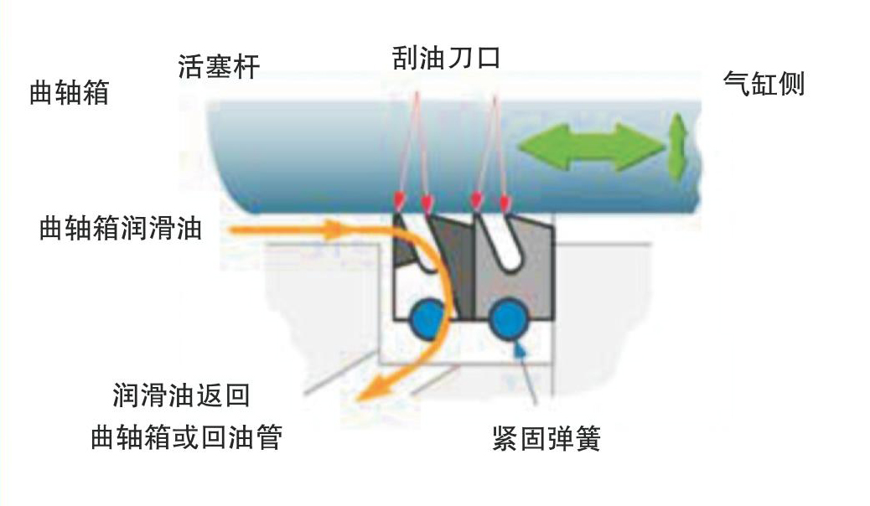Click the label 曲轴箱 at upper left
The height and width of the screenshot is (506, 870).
(x=69, y=92)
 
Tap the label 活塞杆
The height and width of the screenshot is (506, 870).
(x=219, y=66)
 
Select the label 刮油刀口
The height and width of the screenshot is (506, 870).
(x=446, y=58)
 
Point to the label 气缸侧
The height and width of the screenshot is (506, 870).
(x=764, y=85)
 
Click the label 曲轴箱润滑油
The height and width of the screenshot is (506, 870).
(x=121, y=228)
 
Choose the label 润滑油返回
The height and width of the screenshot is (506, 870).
(x=181, y=395)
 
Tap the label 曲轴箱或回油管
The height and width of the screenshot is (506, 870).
(x=186, y=437)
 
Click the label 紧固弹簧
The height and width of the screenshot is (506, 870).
(x=546, y=439)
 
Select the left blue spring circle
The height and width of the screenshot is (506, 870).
(x=428, y=318)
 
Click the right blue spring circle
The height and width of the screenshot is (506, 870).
(x=508, y=318)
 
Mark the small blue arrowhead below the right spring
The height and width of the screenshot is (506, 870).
(x=520, y=349)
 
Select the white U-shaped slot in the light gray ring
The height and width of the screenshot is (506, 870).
(x=500, y=243)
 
